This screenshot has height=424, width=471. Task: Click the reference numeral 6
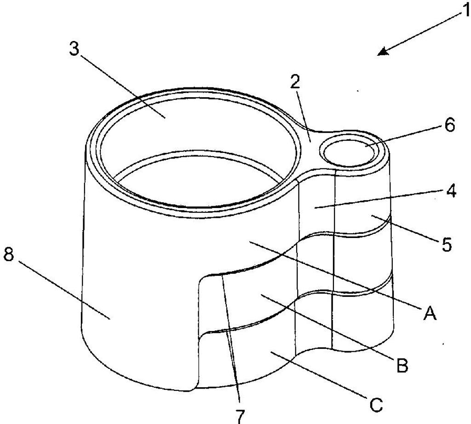[x=449, y=125]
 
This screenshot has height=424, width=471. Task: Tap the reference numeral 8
[x=8, y=256]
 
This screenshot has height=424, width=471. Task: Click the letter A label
[x=429, y=314]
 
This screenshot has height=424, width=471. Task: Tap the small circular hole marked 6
[x=349, y=152]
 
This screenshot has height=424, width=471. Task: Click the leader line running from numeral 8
[x=64, y=289]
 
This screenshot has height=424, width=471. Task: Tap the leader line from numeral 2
[x=303, y=116]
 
